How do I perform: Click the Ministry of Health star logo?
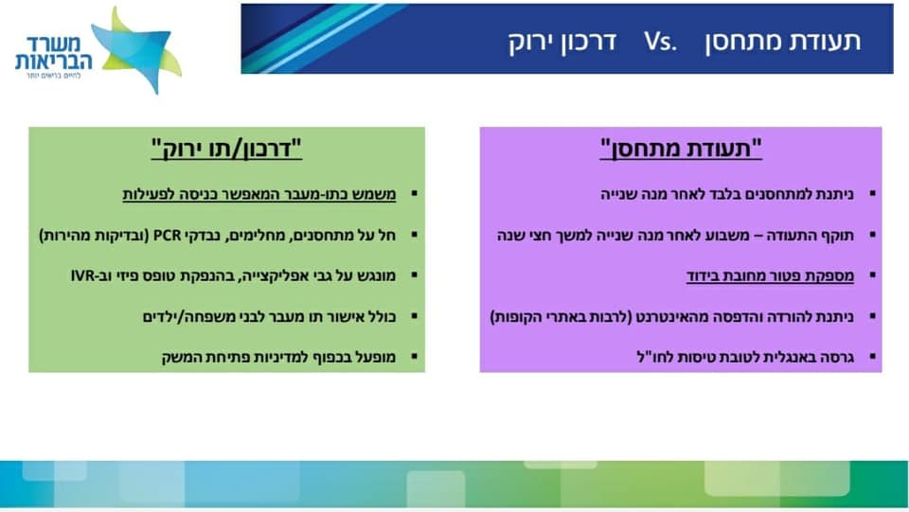(x=136, y=49)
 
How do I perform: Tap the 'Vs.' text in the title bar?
(x=660, y=41)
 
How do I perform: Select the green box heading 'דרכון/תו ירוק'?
(x=226, y=149)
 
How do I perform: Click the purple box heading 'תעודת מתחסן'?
(x=681, y=149)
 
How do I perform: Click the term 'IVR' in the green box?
(x=83, y=275)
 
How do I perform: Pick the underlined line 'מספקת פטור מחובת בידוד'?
(x=771, y=275)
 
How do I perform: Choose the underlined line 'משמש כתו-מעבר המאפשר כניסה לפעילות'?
(x=259, y=194)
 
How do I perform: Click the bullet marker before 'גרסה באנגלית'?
(x=873, y=357)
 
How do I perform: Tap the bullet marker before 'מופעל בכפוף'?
(x=415, y=357)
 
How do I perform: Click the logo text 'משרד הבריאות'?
(x=53, y=53)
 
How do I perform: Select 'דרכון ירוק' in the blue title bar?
(x=562, y=42)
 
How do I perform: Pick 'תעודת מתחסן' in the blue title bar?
(x=783, y=41)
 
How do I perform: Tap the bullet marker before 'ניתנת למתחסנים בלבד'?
(x=873, y=193)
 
